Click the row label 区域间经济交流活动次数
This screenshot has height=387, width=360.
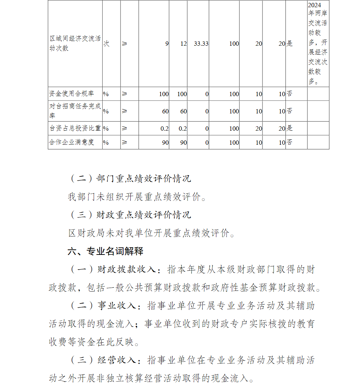pos(75,43)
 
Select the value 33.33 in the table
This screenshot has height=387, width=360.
pos(201,44)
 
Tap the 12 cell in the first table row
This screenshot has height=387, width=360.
pos(183,44)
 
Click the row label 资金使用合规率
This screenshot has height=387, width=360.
pos(72,94)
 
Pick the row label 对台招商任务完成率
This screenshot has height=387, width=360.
pos(75,111)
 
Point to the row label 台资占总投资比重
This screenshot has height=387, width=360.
pos(75,128)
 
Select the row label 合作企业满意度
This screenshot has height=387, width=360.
pos(72,142)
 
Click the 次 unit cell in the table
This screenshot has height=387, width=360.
pos(106,44)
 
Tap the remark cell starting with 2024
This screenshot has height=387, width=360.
pos(318,43)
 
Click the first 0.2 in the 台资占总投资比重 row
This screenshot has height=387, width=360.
pos(165,128)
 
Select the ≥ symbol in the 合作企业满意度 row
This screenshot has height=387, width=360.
pos(125,142)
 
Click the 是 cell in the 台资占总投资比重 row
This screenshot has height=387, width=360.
pos(290,128)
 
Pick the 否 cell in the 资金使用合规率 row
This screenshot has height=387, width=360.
pos(289,94)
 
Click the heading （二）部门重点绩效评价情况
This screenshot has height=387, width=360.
pos(130,178)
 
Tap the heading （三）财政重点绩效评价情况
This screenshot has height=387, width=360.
pos(130,215)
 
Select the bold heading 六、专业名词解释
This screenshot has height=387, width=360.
pos(105,251)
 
